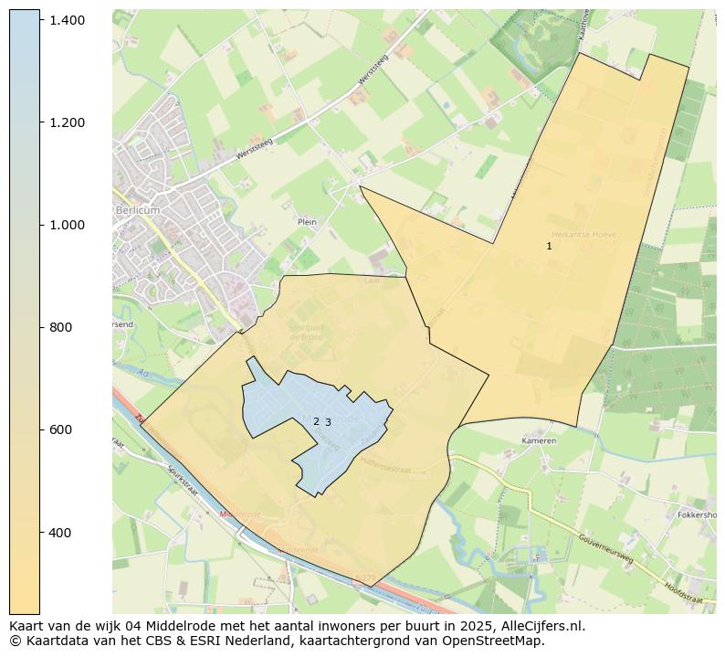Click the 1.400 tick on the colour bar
(67, 20)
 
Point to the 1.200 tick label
(67, 122)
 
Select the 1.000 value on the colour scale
(67, 225)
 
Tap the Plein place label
(307, 221)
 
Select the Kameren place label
(539, 440)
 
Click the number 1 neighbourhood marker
(549, 246)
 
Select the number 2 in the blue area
(316, 421)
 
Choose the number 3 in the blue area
(328, 422)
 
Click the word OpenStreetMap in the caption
(494, 641)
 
